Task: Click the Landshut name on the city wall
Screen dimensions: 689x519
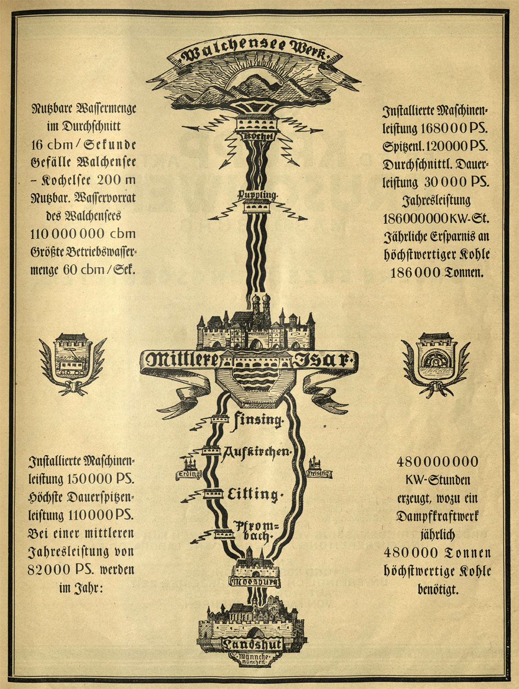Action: (x=253, y=645)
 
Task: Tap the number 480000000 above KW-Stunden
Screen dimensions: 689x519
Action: (x=436, y=461)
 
